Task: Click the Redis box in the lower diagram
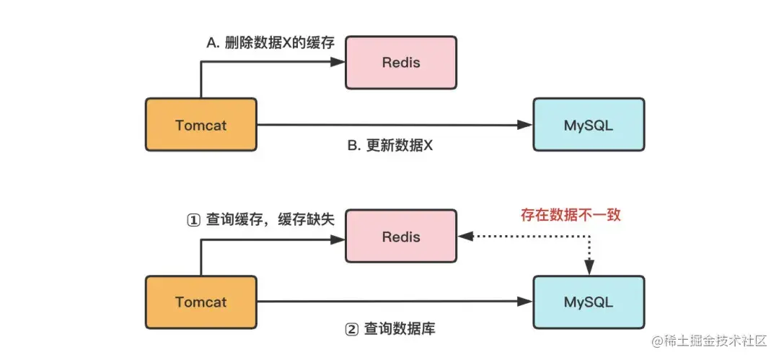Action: point(401,236)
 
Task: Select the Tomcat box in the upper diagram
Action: point(201,125)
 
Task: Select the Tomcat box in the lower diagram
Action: point(201,302)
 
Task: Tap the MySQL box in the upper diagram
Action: point(589,125)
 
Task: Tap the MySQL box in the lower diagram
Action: point(589,302)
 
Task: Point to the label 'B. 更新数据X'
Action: point(390,144)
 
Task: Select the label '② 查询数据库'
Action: point(390,329)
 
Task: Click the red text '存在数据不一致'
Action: point(571,214)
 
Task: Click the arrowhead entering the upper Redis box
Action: point(339,62)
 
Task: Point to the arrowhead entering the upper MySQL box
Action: point(526,126)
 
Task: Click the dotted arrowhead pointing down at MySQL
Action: point(589,268)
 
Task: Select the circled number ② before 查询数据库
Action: point(351,330)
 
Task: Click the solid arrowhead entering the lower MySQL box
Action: point(526,302)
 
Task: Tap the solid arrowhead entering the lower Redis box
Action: point(339,240)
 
